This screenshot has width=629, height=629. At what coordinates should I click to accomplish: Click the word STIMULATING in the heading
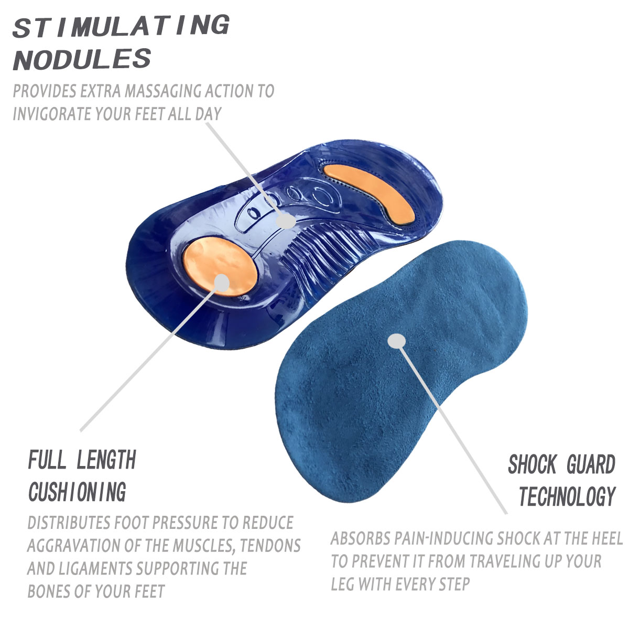121,26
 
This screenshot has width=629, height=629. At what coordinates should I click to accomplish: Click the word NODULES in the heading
82,59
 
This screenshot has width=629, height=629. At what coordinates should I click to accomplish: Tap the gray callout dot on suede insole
397,341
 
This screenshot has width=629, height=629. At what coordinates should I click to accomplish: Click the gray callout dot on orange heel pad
223,283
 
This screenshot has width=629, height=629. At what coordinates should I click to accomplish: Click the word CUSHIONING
78,492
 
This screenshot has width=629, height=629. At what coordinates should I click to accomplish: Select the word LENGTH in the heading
106,461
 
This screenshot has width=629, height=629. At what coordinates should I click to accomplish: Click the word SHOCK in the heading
532,465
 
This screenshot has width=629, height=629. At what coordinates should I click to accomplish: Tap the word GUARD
591,465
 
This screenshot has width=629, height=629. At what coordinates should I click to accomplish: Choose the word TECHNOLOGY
567,496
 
